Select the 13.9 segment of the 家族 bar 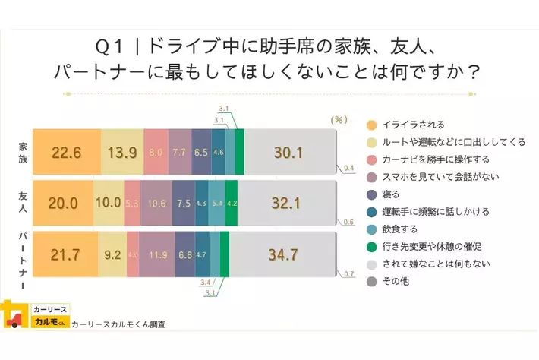[122, 153]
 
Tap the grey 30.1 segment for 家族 [288, 153]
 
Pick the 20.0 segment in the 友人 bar [63, 203]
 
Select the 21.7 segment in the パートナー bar [65, 253]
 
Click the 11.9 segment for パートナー [157, 253]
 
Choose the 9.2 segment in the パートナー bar [112, 253]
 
